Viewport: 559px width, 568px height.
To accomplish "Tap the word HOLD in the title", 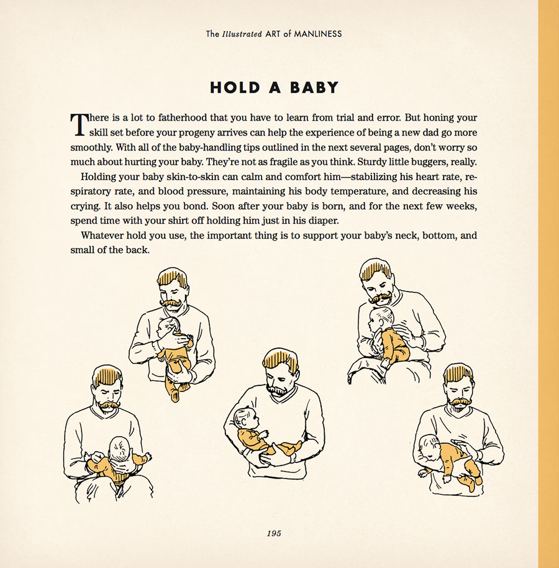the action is tap(235, 88).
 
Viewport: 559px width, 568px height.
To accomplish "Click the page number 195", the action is tap(274, 533).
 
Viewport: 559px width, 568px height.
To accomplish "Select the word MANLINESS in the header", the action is tap(318, 34).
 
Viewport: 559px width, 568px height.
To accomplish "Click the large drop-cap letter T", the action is tap(80, 125).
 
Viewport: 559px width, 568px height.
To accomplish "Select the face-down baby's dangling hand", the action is tap(423, 473).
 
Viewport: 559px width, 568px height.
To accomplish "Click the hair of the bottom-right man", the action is tap(459, 375).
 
